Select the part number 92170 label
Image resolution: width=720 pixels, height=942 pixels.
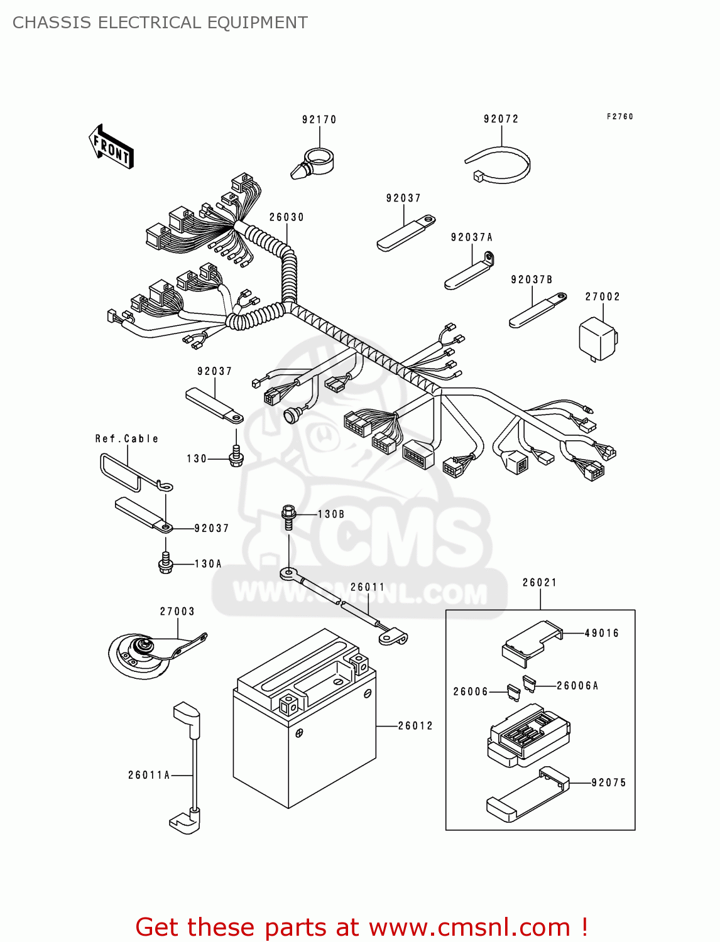click(319, 119)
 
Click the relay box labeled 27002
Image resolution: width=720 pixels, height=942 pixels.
click(597, 338)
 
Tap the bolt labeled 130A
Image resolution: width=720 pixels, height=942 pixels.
click(165, 563)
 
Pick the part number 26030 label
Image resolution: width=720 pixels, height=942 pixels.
click(286, 217)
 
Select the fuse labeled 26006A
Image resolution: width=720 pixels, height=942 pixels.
click(529, 683)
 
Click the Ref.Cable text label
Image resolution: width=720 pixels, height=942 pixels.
click(126, 438)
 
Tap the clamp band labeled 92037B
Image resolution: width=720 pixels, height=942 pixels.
click(537, 311)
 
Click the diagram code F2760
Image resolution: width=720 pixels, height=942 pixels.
click(619, 117)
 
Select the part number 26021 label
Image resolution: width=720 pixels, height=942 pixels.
click(540, 582)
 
